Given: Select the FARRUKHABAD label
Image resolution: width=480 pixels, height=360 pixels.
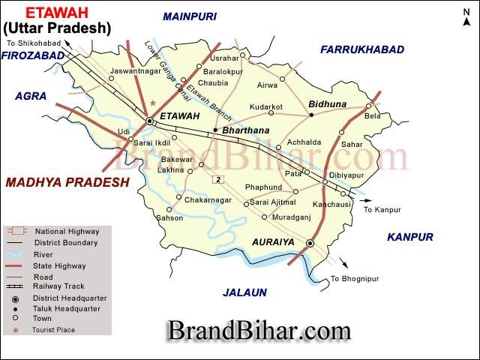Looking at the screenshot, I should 362,49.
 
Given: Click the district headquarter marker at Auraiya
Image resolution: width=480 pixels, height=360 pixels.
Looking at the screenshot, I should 310,243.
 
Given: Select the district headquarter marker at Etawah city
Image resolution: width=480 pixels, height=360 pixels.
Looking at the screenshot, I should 149,120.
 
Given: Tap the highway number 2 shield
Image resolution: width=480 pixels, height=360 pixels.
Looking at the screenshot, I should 218,178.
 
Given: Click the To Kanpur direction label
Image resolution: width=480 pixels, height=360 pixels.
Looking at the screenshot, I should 382,210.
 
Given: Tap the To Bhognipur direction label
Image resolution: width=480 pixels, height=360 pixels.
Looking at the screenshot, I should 355,279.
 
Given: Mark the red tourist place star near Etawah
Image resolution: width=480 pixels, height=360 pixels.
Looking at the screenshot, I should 154,102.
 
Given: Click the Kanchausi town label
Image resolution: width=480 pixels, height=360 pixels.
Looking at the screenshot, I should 332,204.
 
